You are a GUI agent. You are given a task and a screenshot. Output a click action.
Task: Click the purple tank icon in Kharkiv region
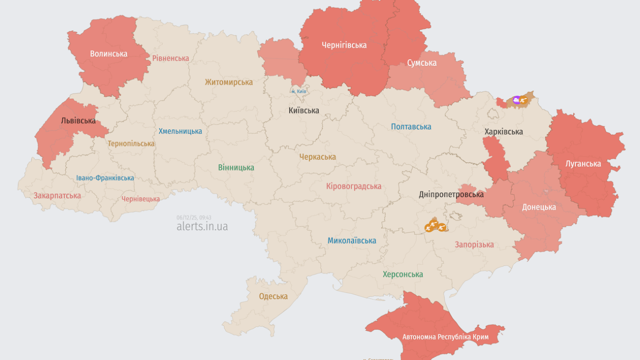pos(516,100)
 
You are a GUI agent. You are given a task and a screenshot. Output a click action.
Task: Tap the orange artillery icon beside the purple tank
pos(524,100)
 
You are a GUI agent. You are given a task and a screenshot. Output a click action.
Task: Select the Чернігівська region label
pos(344,45)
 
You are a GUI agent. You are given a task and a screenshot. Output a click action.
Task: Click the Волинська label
pos(108,53)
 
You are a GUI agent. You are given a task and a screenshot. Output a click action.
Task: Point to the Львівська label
pos(78,120)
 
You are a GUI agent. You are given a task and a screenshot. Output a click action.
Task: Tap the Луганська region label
pos(583,163)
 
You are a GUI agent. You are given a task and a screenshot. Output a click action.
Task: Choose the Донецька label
pos(538,207)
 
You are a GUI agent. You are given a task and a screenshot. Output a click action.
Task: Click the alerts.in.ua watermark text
pos(202,226)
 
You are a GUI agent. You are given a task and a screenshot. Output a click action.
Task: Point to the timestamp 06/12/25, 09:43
pos(194,217)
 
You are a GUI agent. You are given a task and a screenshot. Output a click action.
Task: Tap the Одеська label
pos(273,296)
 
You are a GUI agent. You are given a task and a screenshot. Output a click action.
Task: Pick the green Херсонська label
pos(402,274)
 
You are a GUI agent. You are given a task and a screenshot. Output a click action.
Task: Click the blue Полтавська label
pos(411,127)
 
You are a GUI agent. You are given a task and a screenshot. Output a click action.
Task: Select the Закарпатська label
pos(57,195)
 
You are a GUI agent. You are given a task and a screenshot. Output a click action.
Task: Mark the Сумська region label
pos(421,63)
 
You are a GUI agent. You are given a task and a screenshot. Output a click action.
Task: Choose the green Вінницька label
pos(236,168)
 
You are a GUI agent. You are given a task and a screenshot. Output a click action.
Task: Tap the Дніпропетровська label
pos(451,194)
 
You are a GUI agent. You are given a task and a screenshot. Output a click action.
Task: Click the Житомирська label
pos(228,82)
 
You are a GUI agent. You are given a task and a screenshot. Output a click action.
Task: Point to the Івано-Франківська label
pos(105,178)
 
